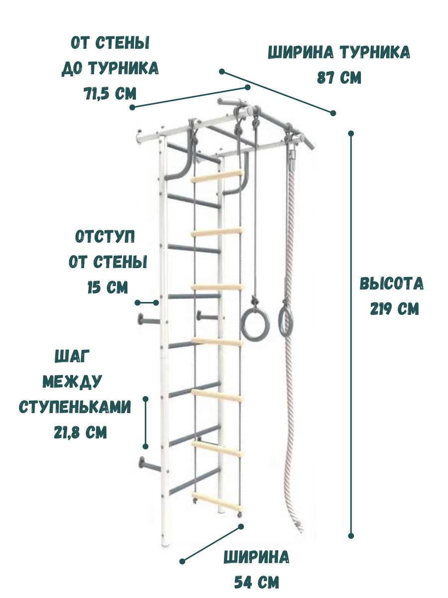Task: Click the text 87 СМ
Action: (x=339, y=78)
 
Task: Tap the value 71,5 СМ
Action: (x=110, y=93)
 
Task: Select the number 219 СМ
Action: (x=395, y=309)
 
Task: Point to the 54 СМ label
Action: (x=256, y=582)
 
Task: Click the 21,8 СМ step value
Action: (x=80, y=432)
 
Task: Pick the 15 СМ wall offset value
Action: (x=108, y=288)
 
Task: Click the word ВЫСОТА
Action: (x=392, y=284)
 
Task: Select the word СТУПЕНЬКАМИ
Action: (x=75, y=407)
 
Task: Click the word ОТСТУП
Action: (x=105, y=237)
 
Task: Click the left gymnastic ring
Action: (x=255, y=324)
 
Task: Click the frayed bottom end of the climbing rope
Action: (x=299, y=526)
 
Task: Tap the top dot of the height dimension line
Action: (x=351, y=134)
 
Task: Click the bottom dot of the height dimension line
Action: (x=351, y=536)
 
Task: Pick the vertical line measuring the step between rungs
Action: (x=145, y=423)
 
